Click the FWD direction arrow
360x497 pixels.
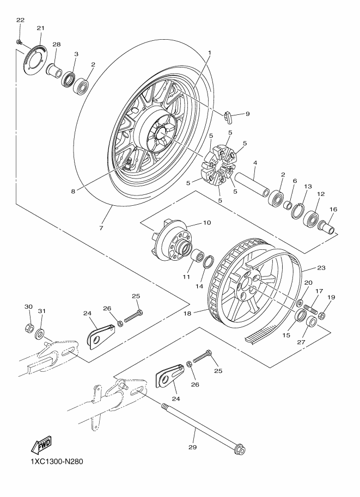[x=40, y=446]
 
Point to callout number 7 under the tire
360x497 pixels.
[x=101, y=228]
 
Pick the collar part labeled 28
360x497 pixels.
[x=53, y=70]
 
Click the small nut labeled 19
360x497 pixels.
[x=322, y=315]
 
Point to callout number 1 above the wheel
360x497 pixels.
[x=208, y=52]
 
